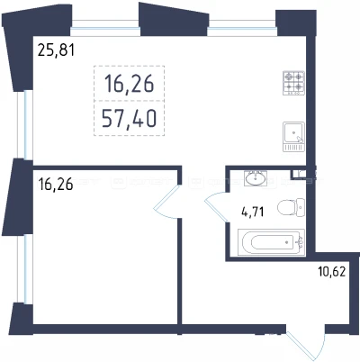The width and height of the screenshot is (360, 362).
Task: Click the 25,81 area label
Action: tap(56, 50)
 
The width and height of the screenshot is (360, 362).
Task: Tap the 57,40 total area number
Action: tap(129, 119)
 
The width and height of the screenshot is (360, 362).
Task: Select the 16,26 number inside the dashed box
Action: tap(129, 84)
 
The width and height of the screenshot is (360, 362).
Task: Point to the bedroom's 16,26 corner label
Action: tap(56, 184)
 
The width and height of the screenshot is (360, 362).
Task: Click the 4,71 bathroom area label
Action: tap(253, 212)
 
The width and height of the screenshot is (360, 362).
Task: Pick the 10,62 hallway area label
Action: tap(332, 272)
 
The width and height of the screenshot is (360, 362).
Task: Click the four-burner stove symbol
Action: tap(293, 83)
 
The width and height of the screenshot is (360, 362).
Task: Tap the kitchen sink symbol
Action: tap(293, 132)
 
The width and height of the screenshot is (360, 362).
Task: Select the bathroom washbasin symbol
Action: tap(255, 178)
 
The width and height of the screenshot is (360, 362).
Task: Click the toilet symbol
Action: tap(291, 207)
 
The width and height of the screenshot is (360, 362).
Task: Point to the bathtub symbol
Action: tap(271, 242)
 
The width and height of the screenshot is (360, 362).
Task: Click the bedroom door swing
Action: tap(166, 201)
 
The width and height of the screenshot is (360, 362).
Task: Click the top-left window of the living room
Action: tap(105, 28)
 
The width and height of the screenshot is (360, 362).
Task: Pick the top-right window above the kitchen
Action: tap(242, 28)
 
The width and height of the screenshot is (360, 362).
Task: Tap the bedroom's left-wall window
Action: tap(24, 269)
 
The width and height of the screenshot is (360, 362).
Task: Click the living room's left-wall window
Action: tap(24, 125)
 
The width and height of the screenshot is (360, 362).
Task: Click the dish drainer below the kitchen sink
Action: tap(293, 148)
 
